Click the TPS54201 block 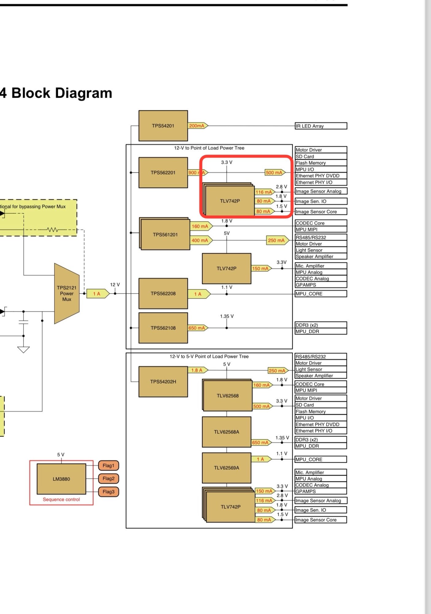[x=163, y=126]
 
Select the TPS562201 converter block [x=163, y=173]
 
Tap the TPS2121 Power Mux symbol [x=67, y=293]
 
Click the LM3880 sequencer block [x=61, y=479]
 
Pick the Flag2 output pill [x=108, y=479]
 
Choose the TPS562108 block [x=163, y=328]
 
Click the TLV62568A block [x=227, y=432]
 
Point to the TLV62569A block [x=227, y=468]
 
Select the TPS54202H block [x=163, y=382]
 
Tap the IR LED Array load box [x=321, y=126]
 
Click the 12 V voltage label [x=115, y=285]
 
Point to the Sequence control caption [x=61, y=499]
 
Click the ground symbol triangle [x=23, y=349]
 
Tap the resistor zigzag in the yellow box [x=52, y=230]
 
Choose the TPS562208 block [x=163, y=293]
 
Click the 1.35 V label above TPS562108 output [x=227, y=316]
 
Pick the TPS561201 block [x=165, y=234]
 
